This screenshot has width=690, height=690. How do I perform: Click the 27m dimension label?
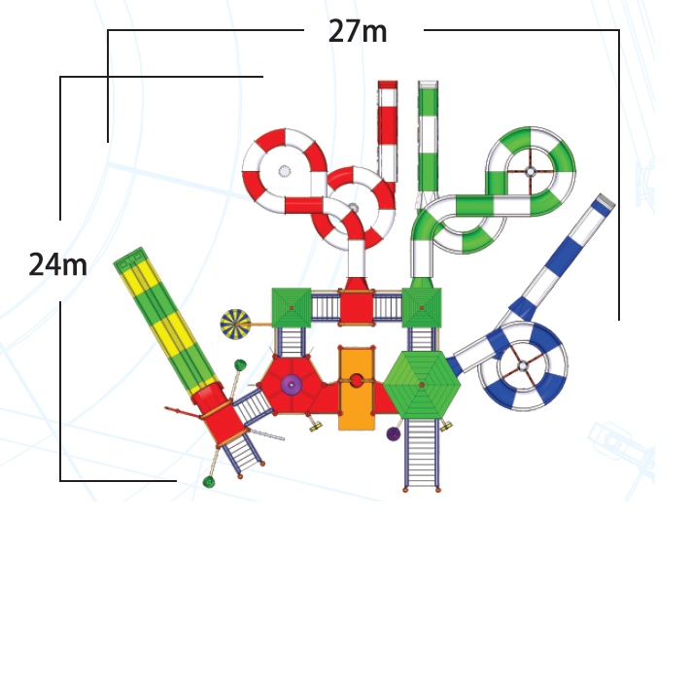(358, 32)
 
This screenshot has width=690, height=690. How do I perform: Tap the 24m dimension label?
(57, 265)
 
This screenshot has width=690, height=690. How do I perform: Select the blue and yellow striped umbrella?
(235, 325)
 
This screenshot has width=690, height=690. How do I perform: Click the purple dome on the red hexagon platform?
(292, 385)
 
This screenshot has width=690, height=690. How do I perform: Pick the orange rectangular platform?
(357, 388)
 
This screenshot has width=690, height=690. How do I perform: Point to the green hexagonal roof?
(422, 384)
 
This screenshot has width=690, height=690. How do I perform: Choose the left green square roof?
(292, 308)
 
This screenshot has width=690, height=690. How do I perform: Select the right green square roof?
(422, 308)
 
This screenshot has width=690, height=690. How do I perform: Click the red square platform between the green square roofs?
(357, 308)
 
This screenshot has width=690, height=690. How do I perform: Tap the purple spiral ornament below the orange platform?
(394, 434)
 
